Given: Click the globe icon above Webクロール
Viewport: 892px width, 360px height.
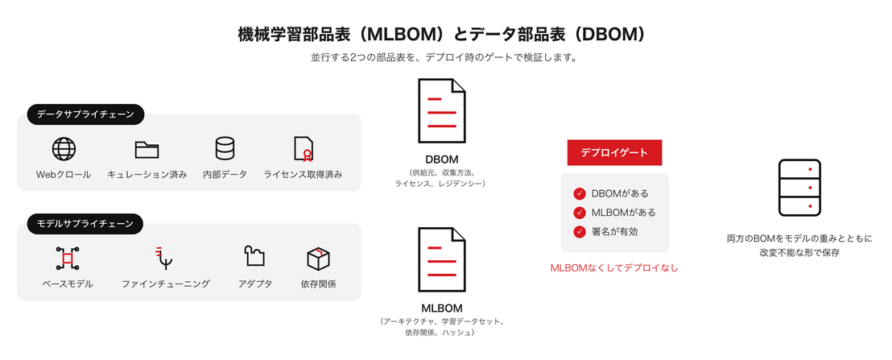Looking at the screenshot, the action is click(64, 149).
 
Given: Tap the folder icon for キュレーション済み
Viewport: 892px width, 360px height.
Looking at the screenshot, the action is click(147, 149).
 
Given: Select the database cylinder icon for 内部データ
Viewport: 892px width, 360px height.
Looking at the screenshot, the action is click(225, 148).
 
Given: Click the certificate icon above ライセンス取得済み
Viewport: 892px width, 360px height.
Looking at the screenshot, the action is click(304, 149).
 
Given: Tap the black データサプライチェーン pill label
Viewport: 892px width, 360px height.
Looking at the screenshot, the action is click(86, 114).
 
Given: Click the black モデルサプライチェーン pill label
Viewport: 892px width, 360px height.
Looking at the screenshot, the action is click(85, 224).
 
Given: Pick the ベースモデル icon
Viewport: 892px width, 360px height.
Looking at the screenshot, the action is click(68, 259).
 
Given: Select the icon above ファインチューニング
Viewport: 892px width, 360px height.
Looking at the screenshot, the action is click(165, 258).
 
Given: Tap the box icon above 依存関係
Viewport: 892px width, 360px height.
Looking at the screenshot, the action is click(319, 259).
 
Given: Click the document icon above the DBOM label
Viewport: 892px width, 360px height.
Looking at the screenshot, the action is click(442, 110).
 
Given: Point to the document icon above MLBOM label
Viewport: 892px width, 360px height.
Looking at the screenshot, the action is click(442, 259).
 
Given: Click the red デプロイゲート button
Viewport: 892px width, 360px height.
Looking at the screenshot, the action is click(614, 152).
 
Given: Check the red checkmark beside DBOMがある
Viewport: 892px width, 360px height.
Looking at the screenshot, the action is click(580, 194).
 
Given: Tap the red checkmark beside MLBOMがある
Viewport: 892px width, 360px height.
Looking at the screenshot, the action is click(580, 213).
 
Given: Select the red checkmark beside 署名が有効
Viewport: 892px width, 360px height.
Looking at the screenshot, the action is click(580, 232).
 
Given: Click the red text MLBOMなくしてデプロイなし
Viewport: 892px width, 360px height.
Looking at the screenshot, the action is click(614, 268).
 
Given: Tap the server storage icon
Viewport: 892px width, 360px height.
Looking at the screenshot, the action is click(799, 188).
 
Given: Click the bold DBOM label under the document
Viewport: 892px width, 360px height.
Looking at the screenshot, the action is click(442, 159).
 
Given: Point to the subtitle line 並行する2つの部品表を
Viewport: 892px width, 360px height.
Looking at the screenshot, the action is click(445, 58).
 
